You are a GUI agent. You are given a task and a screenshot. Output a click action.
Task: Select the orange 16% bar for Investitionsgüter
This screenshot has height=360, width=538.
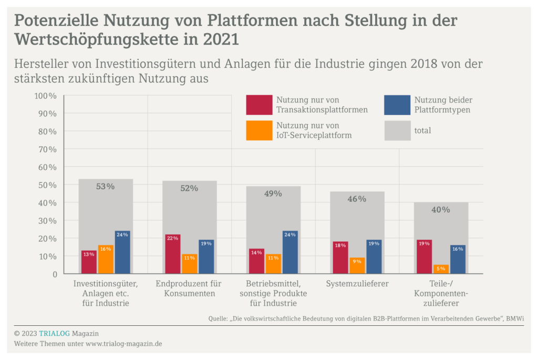click(106, 260)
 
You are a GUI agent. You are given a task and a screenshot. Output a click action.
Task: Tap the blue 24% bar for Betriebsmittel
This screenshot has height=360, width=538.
click(290, 252)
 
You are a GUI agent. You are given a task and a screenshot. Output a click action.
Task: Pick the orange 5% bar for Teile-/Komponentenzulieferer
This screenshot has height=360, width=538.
click(441, 269)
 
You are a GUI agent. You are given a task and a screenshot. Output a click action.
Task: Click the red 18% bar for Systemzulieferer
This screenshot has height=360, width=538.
click(340, 258)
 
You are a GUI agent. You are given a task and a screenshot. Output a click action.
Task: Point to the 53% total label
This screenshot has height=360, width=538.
click(105, 186)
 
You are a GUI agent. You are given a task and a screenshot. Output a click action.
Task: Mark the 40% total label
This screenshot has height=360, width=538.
click(441, 210)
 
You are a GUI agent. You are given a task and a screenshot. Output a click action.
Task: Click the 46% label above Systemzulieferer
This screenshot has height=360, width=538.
click(357, 199)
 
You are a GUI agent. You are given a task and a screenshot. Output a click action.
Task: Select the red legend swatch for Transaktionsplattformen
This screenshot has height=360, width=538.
click(259, 105)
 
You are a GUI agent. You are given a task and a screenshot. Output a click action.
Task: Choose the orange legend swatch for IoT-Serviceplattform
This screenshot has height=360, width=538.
click(259, 130)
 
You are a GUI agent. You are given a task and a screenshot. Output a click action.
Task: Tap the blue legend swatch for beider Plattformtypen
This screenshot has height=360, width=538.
click(397, 105)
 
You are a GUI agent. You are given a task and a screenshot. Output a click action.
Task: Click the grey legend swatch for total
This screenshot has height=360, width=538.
click(397, 130)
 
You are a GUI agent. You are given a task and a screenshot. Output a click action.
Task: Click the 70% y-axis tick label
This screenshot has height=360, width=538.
click(46, 149)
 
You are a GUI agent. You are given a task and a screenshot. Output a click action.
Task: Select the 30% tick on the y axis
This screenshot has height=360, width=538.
click(46, 221)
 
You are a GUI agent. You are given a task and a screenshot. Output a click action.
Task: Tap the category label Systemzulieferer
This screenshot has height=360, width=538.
click(357, 284)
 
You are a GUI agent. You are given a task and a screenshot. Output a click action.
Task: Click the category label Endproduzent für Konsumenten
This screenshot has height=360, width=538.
click(189, 289)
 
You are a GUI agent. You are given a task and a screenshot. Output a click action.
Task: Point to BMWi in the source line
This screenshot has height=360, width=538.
click(515, 318)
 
